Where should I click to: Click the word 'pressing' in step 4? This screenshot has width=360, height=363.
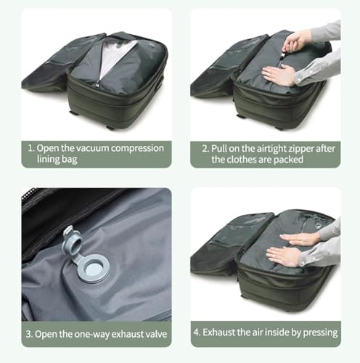click(318, 333)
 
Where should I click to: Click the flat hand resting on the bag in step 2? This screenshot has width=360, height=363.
click(280, 74)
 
